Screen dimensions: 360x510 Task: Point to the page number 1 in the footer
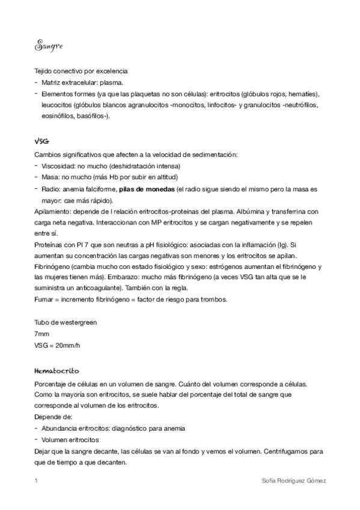(x=37, y=481)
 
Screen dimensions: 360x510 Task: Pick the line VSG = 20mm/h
(x=58, y=345)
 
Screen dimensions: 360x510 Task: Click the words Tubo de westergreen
(x=66, y=322)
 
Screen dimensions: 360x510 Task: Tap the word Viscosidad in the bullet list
(x=59, y=165)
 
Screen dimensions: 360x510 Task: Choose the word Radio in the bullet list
(x=50, y=188)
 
